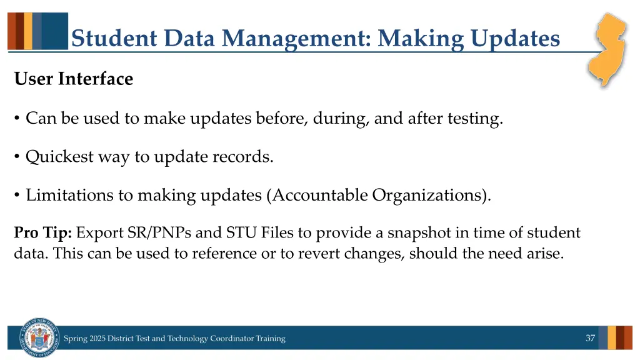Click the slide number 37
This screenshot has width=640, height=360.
[590, 338]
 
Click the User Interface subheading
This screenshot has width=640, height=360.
[73, 79]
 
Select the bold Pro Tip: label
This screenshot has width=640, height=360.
[43, 234]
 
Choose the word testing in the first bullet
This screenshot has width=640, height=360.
[474, 119]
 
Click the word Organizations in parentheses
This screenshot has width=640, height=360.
[429, 196]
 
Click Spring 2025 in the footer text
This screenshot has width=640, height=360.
[84, 339]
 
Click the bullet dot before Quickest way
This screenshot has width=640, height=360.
[17, 157]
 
